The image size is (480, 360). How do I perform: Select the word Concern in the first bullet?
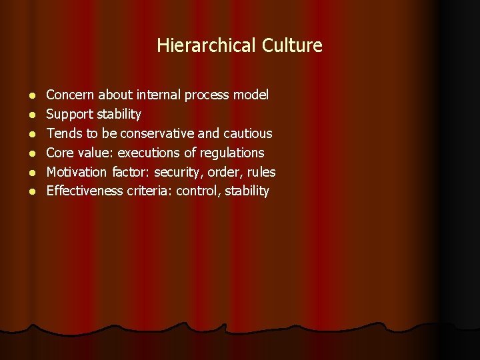click(70, 95)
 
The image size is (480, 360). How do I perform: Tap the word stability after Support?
click(119, 115)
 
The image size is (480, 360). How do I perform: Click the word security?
click(178, 173)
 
